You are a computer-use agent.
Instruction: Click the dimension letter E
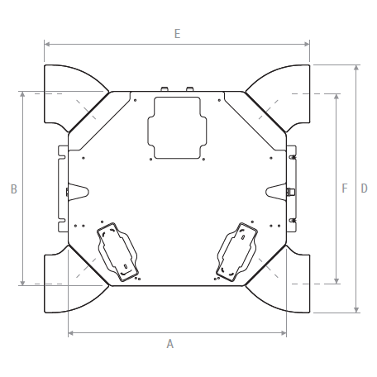click(x=177, y=34)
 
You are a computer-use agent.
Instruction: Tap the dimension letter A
click(x=170, y=344)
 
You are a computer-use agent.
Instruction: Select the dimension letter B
click(x=13, y=189)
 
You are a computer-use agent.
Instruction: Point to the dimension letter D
click(x=364, y=188)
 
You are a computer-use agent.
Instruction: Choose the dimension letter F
click(x=345, y=188)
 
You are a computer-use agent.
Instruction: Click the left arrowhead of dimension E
click(x=47, y=44)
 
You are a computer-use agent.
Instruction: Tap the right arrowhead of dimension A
click(x=284, y=333)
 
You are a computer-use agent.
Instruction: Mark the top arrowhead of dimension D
click(x=356, y=68)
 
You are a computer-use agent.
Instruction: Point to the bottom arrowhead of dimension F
click(x=336, y=281)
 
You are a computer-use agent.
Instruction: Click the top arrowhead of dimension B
click(x=22, y=94)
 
